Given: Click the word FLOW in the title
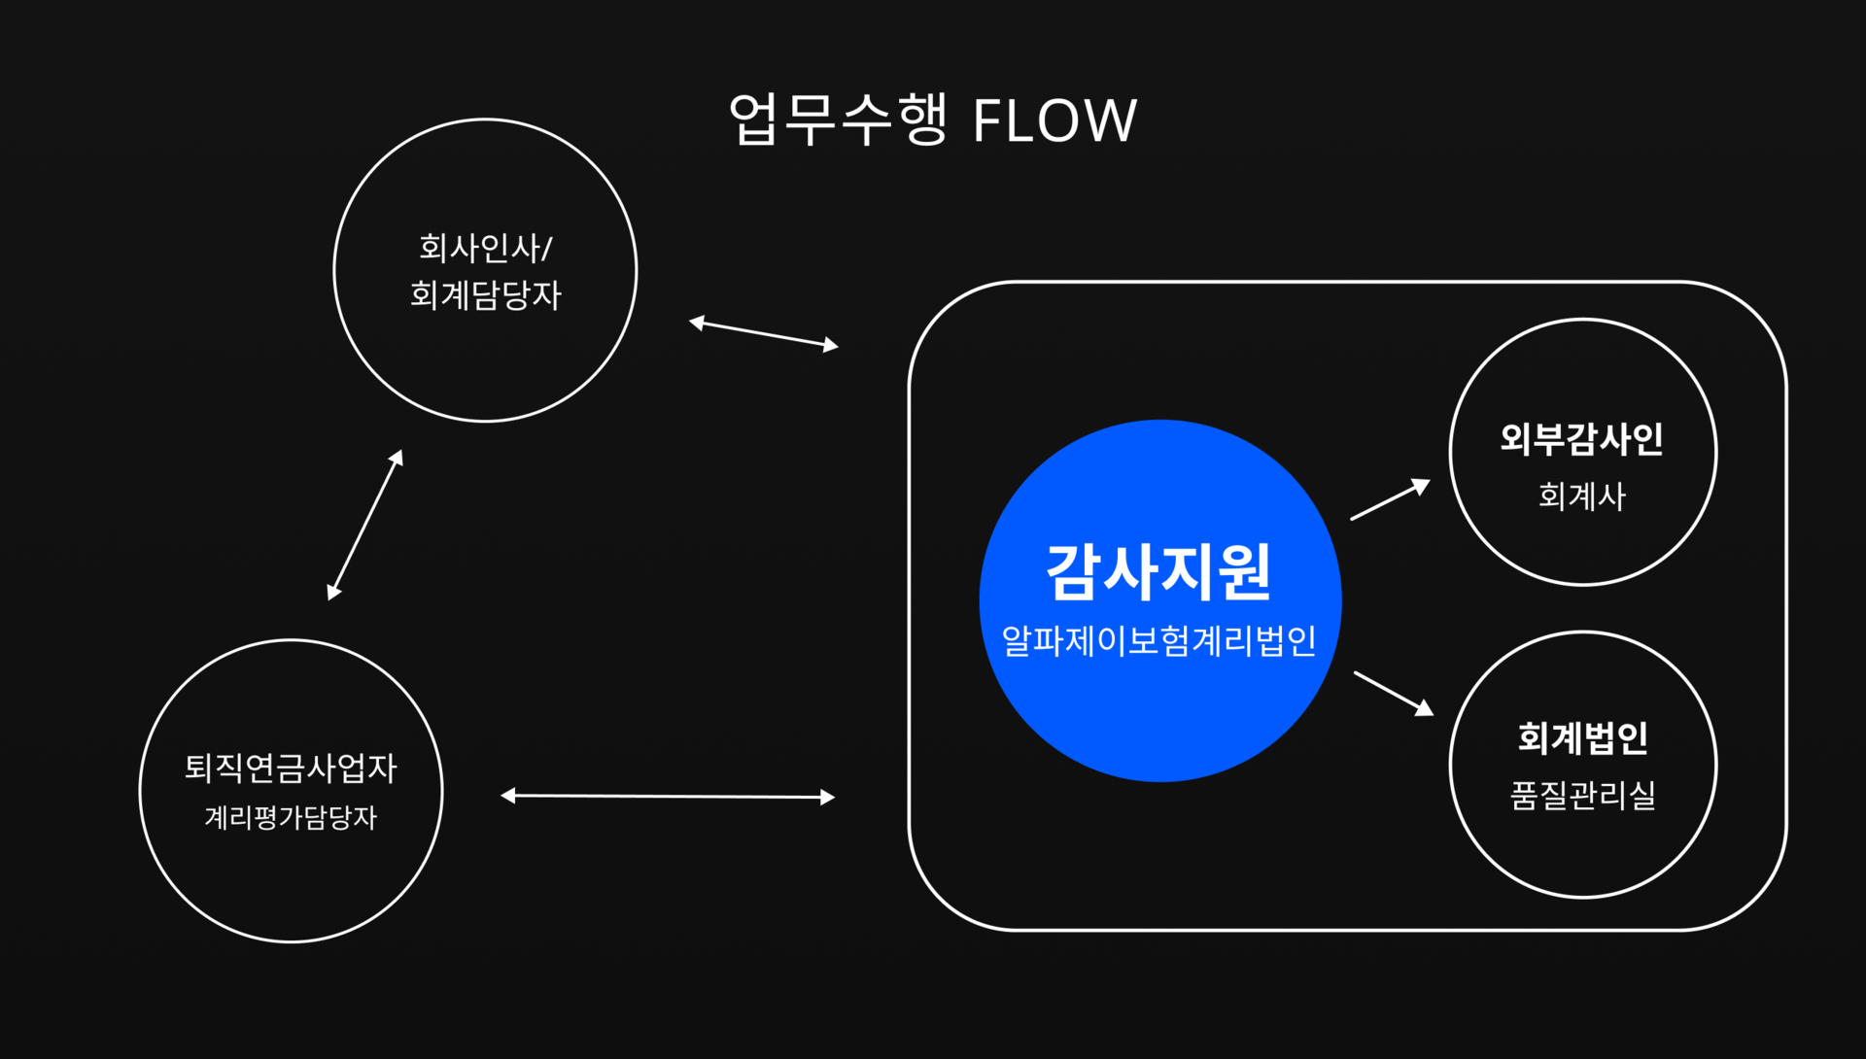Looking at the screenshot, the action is tap(1054, 120).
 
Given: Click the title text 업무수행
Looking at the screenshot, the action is tap(838, 120).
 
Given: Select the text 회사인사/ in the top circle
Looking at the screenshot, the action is tap(485, 248).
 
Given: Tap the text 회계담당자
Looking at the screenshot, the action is tap(485, 294).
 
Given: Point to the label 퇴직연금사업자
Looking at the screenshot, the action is tap(291, 769).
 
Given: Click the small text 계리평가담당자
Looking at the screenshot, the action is tap(291, 817).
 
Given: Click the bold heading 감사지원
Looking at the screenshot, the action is tap(1158, 571).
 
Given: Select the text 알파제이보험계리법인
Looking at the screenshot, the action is tap(1158, 641).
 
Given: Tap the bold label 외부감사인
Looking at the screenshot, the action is tap(1582, 439).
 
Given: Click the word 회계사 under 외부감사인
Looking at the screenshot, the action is tap(1582, 496).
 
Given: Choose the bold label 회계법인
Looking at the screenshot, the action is tap(1582, 738).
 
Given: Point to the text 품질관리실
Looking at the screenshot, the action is tap(1582, 796).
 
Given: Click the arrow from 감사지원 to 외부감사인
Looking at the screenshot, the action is tap(1391, 499).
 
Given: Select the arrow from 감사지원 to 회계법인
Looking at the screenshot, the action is tap(1394, 694).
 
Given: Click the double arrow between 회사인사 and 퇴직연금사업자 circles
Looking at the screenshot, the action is tap(365, 525).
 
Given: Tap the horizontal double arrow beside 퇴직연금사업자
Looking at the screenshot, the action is tap(668, 797).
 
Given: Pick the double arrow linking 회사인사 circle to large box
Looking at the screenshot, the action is tap(764, 334).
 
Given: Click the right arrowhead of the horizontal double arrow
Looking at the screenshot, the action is tap(828, 798).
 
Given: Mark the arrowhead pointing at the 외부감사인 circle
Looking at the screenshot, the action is tap(1422, 486).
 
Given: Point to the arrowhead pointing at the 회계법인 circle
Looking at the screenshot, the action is tap(1426, 708).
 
